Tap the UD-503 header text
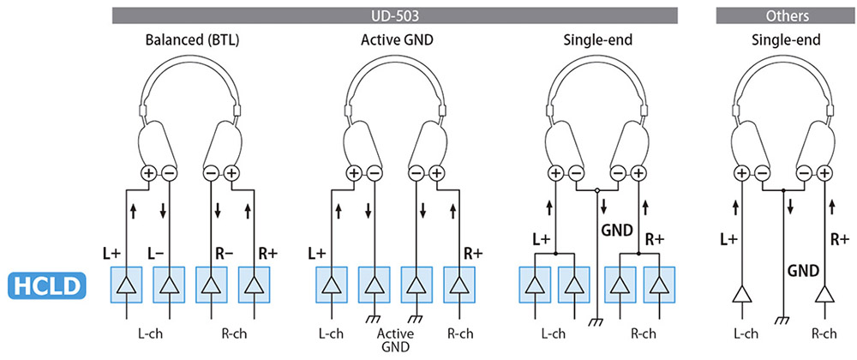(395, 15)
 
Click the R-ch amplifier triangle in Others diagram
(824, 296)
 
